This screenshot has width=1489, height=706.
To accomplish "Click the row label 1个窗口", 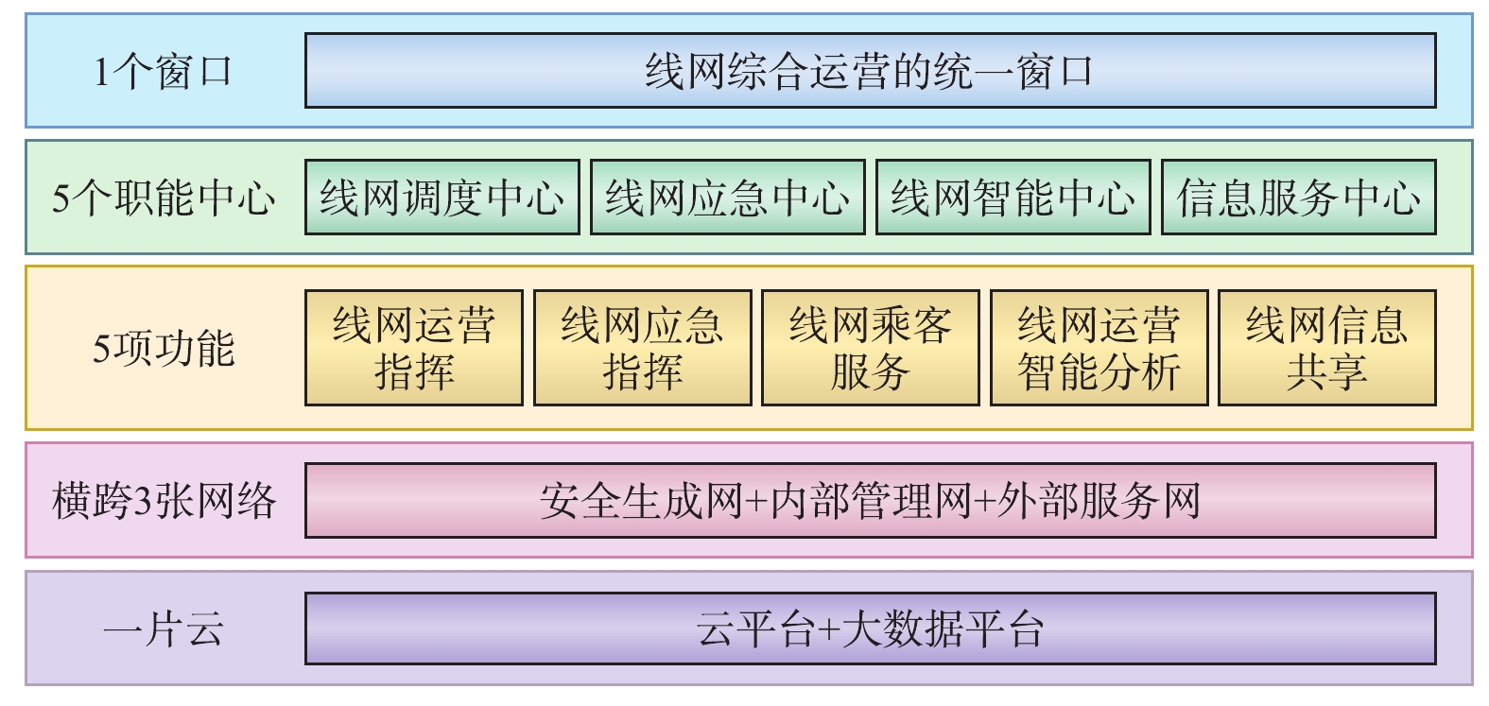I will point(163,72).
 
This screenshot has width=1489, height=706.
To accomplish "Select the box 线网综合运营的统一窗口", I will point(870,71).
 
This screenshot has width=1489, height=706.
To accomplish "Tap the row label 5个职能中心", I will point(163,198).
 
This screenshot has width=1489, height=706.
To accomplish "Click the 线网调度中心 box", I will point(442,198).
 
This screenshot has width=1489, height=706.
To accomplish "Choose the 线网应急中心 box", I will point(727,198).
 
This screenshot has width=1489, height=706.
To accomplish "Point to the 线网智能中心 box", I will point(1013,198).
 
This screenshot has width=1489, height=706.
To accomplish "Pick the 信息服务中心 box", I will point(1298,198).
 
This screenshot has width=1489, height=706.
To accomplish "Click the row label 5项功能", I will point(163,348).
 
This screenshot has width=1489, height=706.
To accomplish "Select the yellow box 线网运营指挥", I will point(414,348).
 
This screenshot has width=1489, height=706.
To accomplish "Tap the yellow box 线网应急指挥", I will point(642,348).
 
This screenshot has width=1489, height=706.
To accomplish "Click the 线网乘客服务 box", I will point(870,348).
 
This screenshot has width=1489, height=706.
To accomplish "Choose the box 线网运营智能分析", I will point(1099,348).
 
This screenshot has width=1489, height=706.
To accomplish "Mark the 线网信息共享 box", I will point(1326,348).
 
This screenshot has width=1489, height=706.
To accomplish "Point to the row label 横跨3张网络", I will point(163,501).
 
